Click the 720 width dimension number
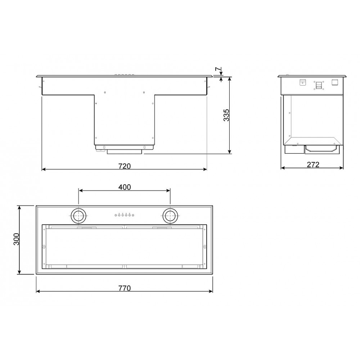pyautogui.click(x=124, y=166)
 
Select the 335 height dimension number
pyautogui.click(x=226, y=115)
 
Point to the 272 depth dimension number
pyautogui.click(x=313, y=165)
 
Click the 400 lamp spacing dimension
pyautogui.click(x=125, y=187)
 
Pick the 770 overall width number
pyautogui.click(x=124, y=288)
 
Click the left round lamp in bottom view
pyautogui.click(x=78, y=216)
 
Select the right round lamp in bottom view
pyautogui.click(x=170, y=216)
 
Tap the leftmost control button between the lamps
pyautogui.click(x=116, y=215)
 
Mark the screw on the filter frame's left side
pyautogui.click(x=44, y=247)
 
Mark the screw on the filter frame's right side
pyautogui.click(x=204, y=247)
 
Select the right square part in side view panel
pyautogui.click(x=334, y=81)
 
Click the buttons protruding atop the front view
pyautogui.click(x=124, y=75)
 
